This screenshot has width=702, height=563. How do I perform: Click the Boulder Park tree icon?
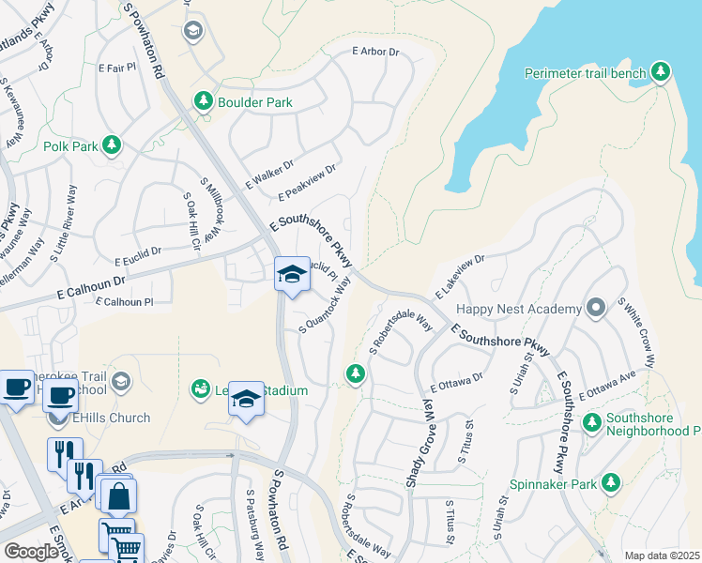(202, 101)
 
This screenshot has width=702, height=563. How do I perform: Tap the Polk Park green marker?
(112, 145)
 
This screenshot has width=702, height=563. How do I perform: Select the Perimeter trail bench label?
(586, 73)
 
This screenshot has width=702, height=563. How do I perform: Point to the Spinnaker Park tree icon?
(611, 483)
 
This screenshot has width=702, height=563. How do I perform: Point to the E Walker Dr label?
(269, 170)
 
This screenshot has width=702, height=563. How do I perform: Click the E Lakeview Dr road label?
(458, 278)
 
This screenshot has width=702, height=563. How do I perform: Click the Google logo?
(31, 551)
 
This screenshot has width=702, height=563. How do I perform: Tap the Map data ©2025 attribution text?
(661, 555)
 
